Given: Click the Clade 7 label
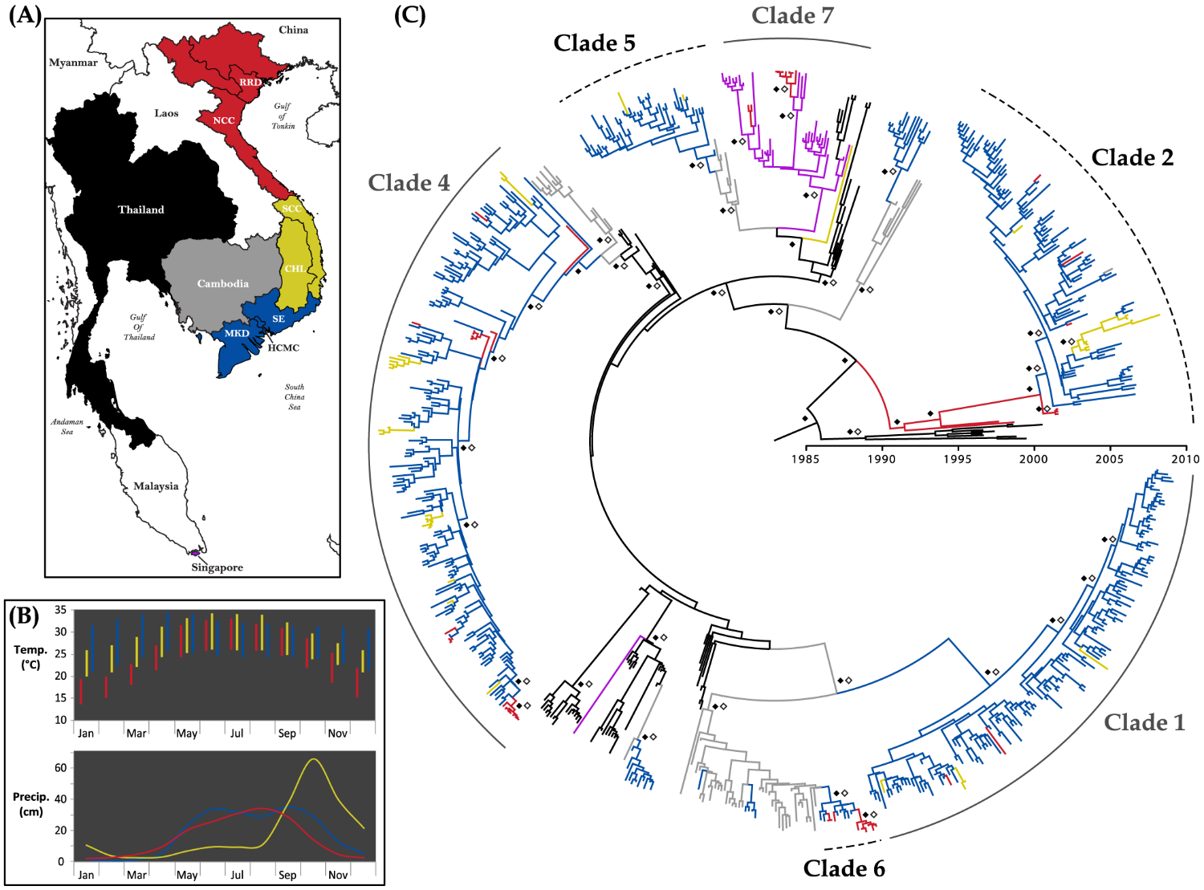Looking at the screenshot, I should coord(792,15).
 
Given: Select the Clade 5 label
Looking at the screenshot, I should coord(594,43).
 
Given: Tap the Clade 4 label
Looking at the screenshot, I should coord(409,183).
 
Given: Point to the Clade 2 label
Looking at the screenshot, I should coord(1132,158).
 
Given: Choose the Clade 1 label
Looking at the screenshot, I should coord(1144,723).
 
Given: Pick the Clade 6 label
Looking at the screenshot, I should coord(844,868).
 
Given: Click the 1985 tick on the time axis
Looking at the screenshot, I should coord(806,459).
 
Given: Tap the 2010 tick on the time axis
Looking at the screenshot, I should coord(1186,459).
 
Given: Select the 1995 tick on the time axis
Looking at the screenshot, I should coord(958,459).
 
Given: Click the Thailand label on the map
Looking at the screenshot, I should coord(140,209).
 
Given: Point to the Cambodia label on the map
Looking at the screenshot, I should coord(222,283).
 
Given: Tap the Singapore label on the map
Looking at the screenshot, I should coord(217,567).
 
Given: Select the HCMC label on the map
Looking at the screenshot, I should coord(283,347).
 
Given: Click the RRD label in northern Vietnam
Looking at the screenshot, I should coord(250,83).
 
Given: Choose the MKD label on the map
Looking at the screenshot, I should coord(236,333).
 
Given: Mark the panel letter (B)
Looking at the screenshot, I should coord(24,616).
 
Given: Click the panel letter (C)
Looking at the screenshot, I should coord(409,15).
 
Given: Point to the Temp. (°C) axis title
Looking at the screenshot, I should coord(31,656).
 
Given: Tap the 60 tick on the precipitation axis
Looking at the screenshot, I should coord(60,768).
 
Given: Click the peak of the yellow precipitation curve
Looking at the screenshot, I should coord(313,759).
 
